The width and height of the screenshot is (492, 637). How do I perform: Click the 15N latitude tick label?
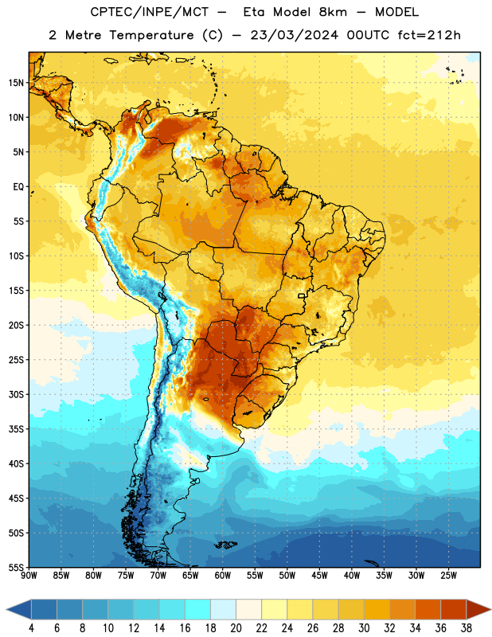[x=16, y=83]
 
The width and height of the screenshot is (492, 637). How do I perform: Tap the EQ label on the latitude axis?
[x=18, y=187]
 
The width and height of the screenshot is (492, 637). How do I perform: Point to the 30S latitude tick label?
[x=16, y=394]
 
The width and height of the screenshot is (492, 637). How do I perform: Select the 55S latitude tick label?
[x=16, y=568]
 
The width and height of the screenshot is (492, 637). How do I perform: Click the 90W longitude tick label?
[x=29, y=576]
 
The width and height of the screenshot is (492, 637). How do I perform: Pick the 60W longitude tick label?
[x=223, y=576]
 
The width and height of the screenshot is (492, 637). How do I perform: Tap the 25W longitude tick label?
[x=448, y=576]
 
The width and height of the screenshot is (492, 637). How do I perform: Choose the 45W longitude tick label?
[x=319, y=576]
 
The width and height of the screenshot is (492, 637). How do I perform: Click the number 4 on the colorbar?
[x=31, y=628]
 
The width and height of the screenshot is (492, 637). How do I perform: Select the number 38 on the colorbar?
[x=467, y=628]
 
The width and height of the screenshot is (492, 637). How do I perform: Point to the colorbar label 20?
[x=236, y=628]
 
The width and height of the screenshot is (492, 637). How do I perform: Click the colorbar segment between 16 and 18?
[x=197, y=610]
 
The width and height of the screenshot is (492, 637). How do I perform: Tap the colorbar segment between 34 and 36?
[x=428, y=610]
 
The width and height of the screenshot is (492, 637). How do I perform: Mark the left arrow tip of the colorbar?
[x=6, y=610]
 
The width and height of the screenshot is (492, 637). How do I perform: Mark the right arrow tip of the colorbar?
[x=491, y=610]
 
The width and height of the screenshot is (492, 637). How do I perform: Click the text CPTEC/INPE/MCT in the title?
[x=149, y=12]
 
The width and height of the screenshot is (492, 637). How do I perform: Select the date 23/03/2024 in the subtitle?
[x=294, y=35]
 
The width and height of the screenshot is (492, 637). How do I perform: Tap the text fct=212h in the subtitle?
[x=429, y=35]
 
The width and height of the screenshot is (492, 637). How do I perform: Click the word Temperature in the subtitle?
[x=151, y=35]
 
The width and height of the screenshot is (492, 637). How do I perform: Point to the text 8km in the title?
[x=333, y=12]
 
